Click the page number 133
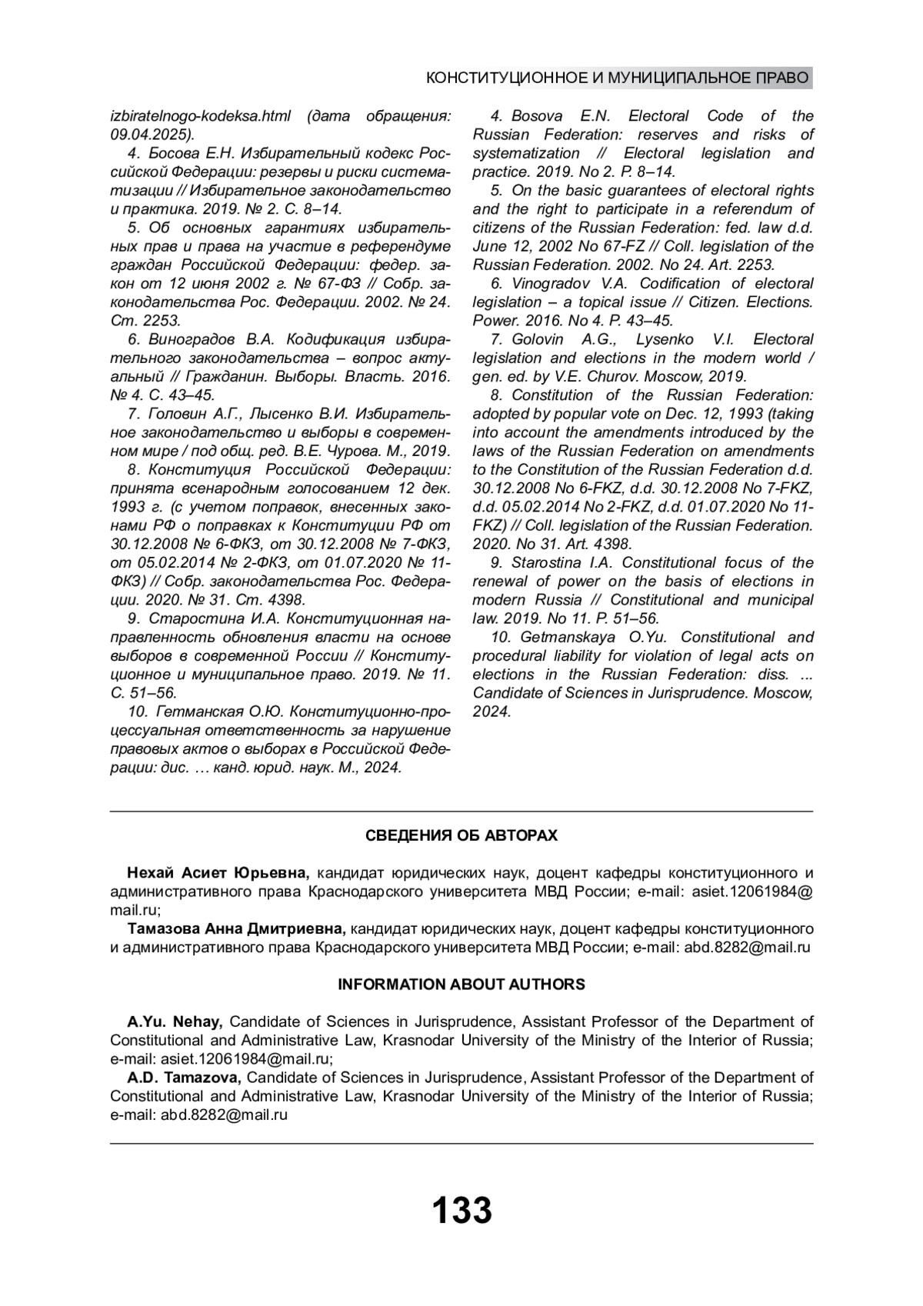point(461,1210)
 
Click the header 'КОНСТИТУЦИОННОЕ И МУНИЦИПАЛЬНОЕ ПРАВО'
point(618,78)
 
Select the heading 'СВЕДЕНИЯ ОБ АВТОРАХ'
point(461,835)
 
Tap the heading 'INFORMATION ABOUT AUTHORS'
point(461,984)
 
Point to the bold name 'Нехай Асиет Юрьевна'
point(218,873)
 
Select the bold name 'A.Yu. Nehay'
point(175,1021)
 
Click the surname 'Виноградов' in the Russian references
point(192,339)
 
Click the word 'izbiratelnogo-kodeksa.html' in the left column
point(201,116)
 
